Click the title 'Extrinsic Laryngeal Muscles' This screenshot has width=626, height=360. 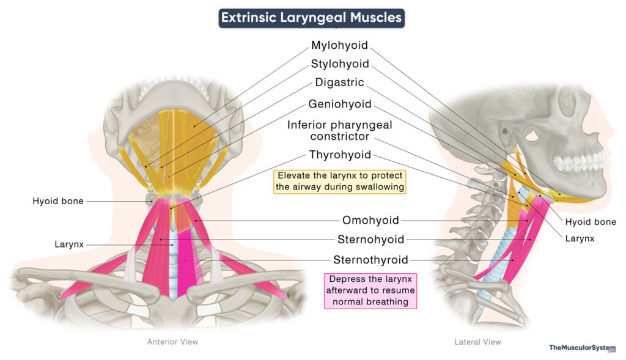311,18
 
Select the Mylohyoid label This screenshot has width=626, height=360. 339,45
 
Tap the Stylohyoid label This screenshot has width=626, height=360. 339,64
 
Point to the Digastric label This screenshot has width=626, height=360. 339,82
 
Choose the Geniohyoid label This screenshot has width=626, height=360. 339,104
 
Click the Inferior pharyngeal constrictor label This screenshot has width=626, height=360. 339,130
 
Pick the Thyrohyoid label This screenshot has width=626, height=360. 339,155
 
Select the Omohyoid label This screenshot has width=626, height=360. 370,220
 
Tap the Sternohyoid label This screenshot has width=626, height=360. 370,239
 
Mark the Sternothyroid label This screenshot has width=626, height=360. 370,260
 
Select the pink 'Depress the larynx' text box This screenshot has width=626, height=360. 370,290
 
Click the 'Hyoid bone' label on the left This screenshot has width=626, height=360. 59,200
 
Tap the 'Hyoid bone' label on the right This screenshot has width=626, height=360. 590,222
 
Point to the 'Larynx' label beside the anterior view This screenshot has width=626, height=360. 69,244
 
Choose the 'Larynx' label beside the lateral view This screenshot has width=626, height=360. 580,238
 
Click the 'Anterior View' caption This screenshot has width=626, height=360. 172,342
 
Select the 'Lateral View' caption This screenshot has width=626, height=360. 477,342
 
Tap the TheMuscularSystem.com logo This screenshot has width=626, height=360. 582,348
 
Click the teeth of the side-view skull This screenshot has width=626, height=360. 578,163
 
